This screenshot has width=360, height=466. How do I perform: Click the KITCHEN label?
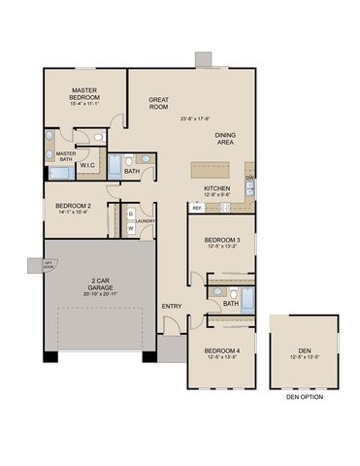click(x=216, y=187)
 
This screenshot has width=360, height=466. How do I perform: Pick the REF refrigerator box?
click(x=196, y=207)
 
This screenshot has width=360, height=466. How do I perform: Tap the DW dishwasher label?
click(x=249, y=179)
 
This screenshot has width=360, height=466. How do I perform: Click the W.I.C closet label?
click(x=86, y=165)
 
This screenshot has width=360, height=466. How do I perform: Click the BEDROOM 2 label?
click(x=73, y=206)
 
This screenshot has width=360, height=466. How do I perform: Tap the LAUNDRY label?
click(x=146, y=220)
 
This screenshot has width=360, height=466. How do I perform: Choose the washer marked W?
click(x=130, y=229)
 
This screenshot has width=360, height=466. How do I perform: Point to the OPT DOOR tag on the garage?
click(x=47, y=264)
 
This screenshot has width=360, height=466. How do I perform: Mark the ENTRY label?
click(x=172, y=307)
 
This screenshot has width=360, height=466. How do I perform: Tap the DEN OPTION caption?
click(x=305, y=397)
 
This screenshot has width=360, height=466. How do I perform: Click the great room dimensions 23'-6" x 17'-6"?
click(x=195, y=118)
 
